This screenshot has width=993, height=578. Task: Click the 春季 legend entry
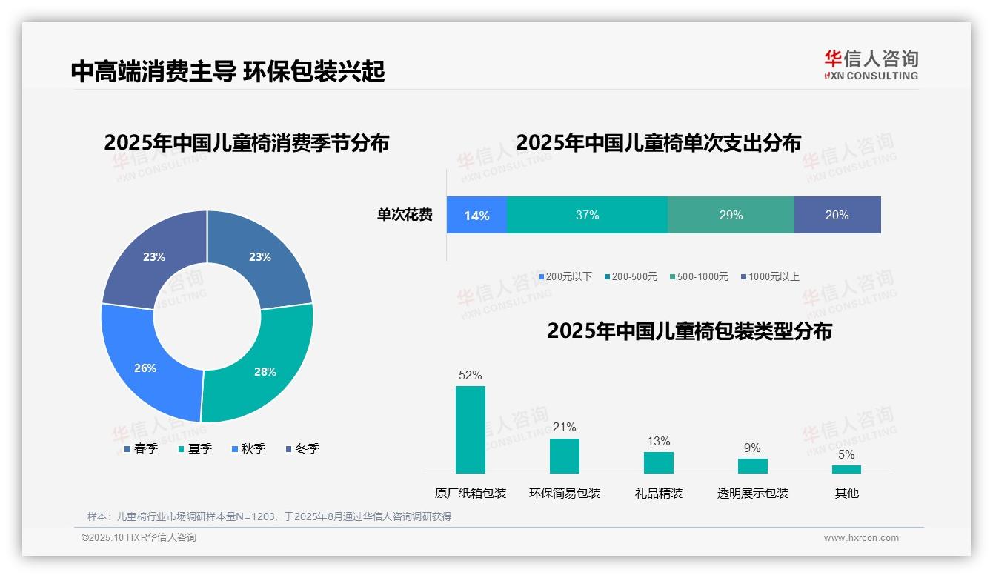click(x=141, y=448)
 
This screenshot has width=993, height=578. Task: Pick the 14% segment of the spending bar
click(x=476, y=216)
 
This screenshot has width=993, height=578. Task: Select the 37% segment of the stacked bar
click(x=587, y=216)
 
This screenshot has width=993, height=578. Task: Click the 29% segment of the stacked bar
click(x=731, y=216)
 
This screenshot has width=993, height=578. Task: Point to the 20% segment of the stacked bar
click(x=837, y=216)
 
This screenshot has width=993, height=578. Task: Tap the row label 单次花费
click(x=405, y=216)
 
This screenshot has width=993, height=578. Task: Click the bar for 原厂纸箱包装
click(x=470, y=430)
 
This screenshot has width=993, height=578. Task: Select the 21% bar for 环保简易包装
click(x=564, y=456)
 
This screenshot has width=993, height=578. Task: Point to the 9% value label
click(x=752, y=448)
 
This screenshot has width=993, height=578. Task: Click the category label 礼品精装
click(x=658, y=493)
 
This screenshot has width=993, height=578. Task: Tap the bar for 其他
click(x=846, y=469)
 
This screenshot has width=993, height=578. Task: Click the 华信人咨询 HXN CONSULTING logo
click(x=871, y=64)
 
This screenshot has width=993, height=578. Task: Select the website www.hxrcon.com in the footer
click(x=861, y=538)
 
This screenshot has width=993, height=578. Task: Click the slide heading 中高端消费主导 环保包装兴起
click(x=228, y=71)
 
